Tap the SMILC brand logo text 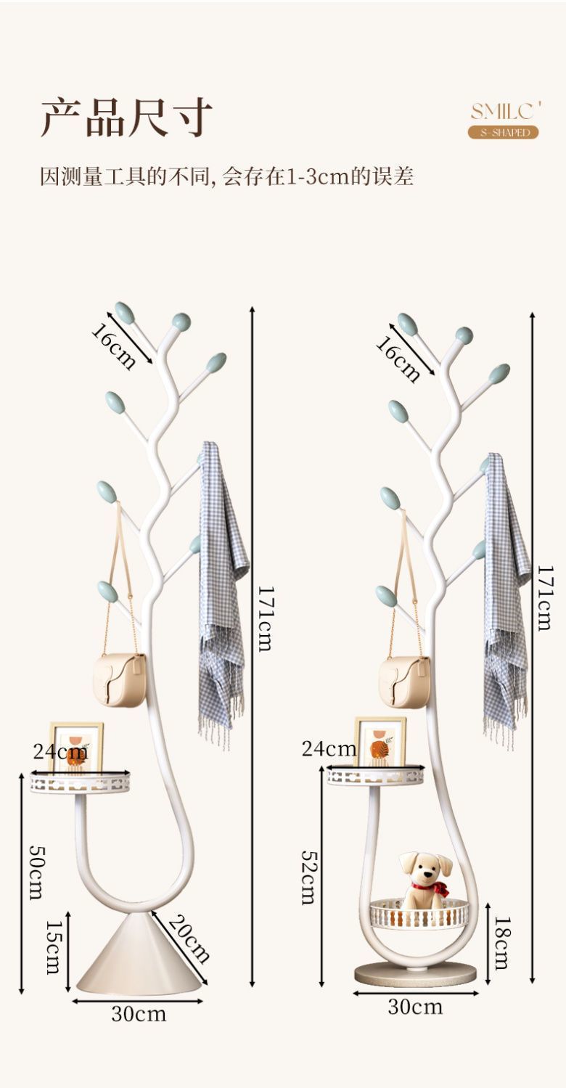coord(505,111)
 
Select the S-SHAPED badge coord(503,132)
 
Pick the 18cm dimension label coord(501,942)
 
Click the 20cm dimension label coord(189,938)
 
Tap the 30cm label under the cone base coord(138,1013)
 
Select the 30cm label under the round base coord(415,1006)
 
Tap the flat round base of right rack coord(415,974)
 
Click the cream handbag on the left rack coord(120,678)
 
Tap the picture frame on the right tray coord(380,741)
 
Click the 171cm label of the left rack coord(265,617)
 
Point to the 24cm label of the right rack coord(329,748)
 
